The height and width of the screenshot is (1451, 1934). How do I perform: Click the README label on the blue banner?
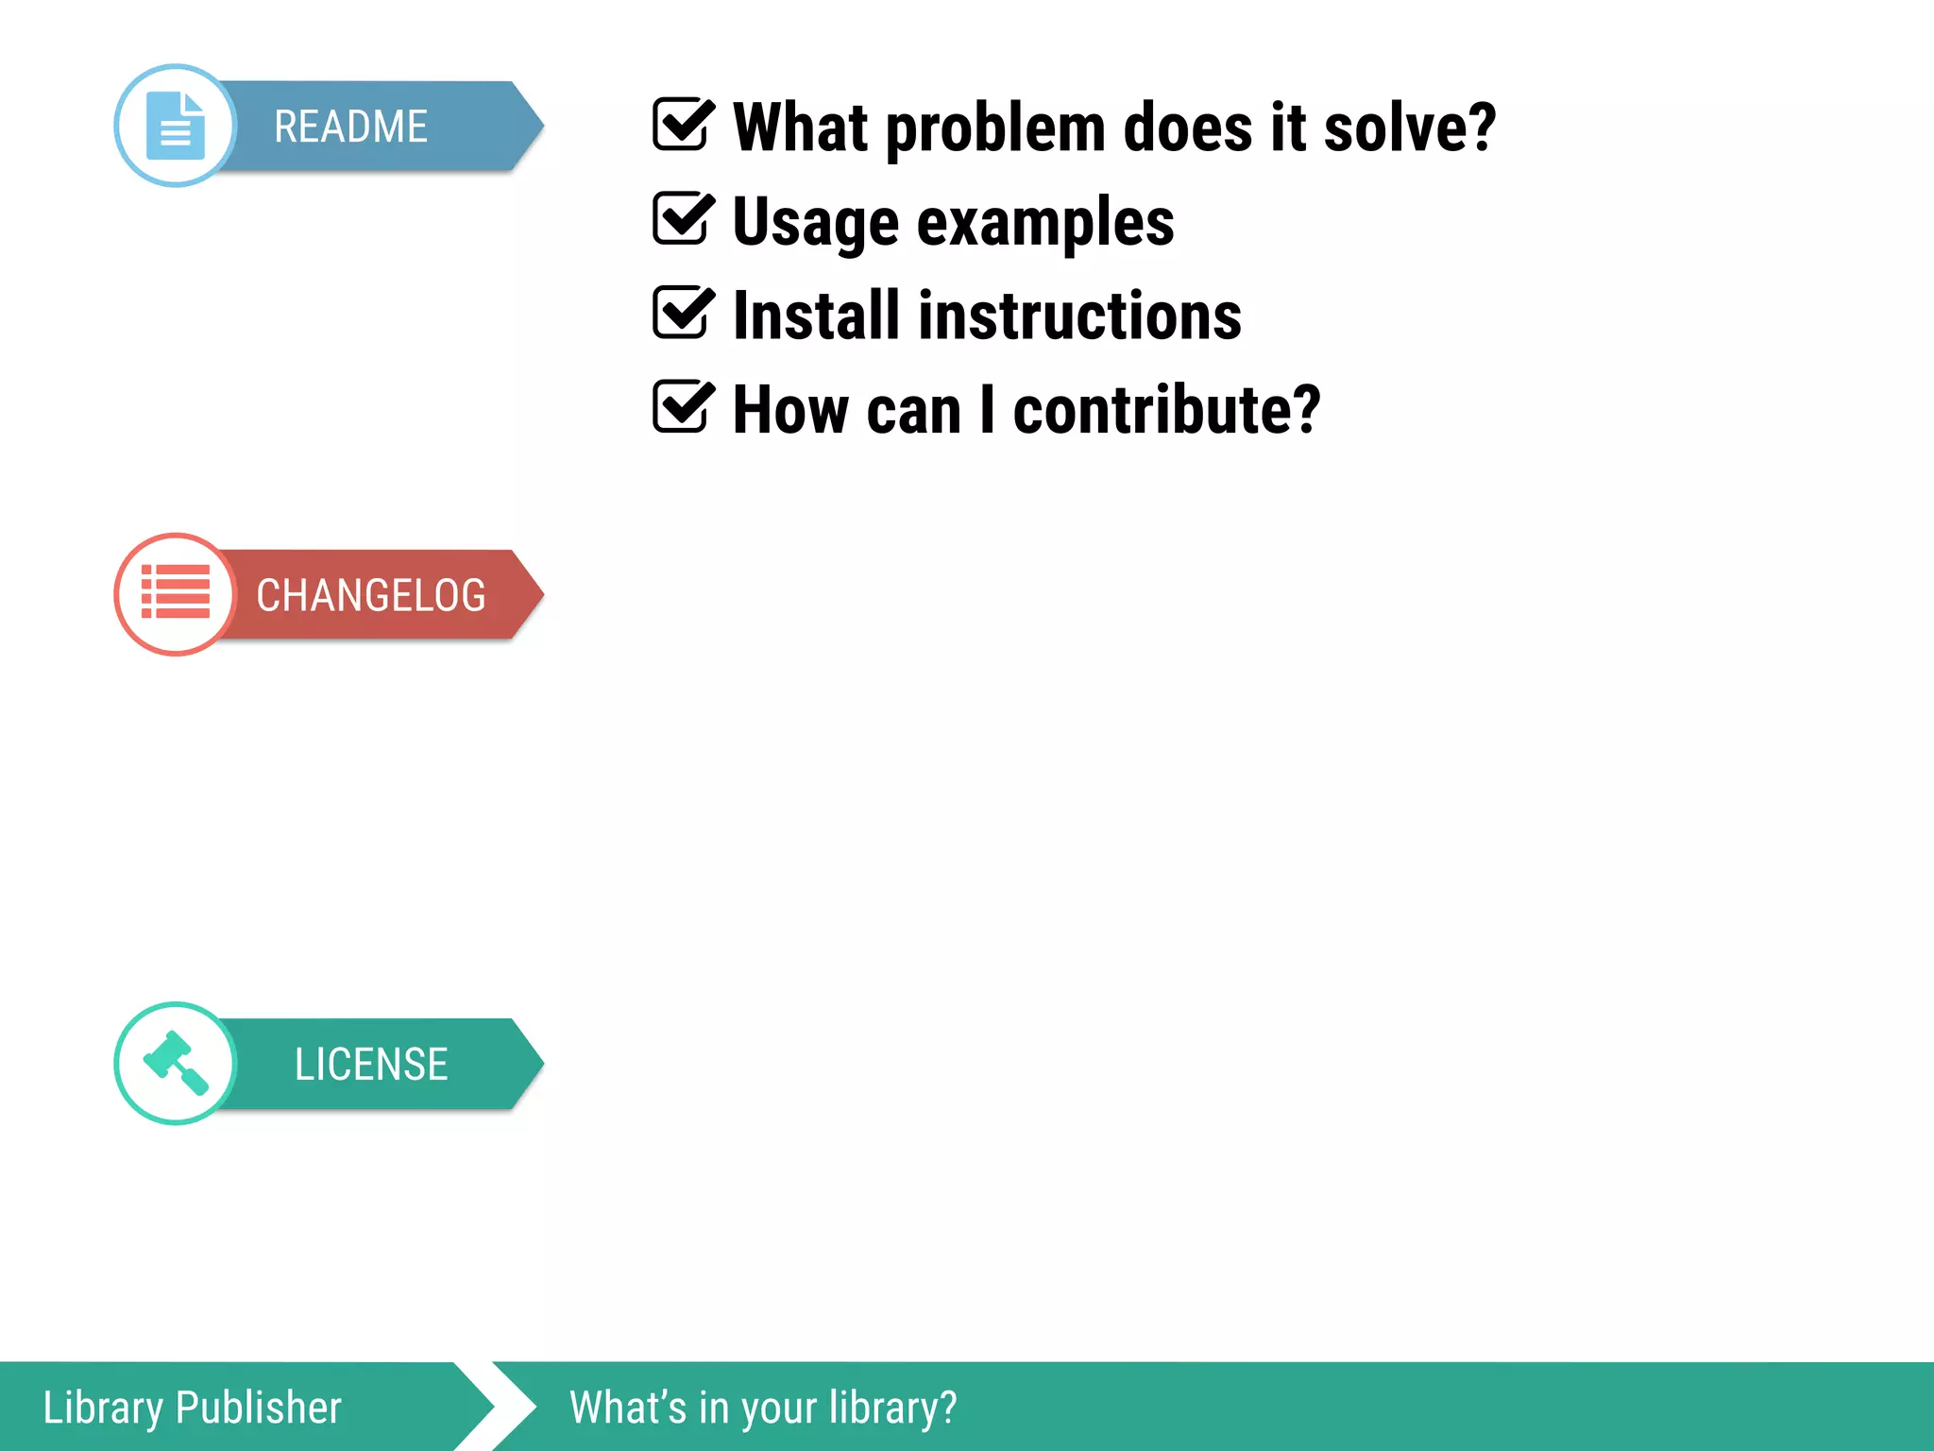pyautogui.click(x=350, y=127)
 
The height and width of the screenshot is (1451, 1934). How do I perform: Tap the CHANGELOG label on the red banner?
pyautogui.click(x=370, y=595)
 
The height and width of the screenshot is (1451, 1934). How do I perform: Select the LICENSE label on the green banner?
pyautogui.click(x=370, y=1065)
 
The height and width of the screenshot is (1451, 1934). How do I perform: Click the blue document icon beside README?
pyautogui.click(x=176, y=126)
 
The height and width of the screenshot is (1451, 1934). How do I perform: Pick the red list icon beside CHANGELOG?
pyautogui.click(x=176, y=593)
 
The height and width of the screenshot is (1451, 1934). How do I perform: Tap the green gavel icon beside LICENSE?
pyautogui.click(x=176, y=1063)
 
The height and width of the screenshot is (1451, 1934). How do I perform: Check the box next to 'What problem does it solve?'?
pyautogui.click(x=681, y=125)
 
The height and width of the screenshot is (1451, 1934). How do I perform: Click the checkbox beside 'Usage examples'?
pyautogui.click(x=681, y=218)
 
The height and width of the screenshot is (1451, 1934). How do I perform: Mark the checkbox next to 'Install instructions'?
pyautogui.click(x=681, y=313)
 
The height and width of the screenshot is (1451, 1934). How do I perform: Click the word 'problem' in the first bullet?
pyautogui.click(x=995, y=128)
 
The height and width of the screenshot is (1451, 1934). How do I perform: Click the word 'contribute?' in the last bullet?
pyautogui.click(x=1166, y=411)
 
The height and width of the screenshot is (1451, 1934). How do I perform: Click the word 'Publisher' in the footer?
pyautogui.click(x=259, y=1408)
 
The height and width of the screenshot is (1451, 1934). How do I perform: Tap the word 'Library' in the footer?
pyautogui.click(x=103, y=1408)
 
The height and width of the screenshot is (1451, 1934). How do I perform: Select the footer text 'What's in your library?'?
pyautogui.click(x=763, y=1408)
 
